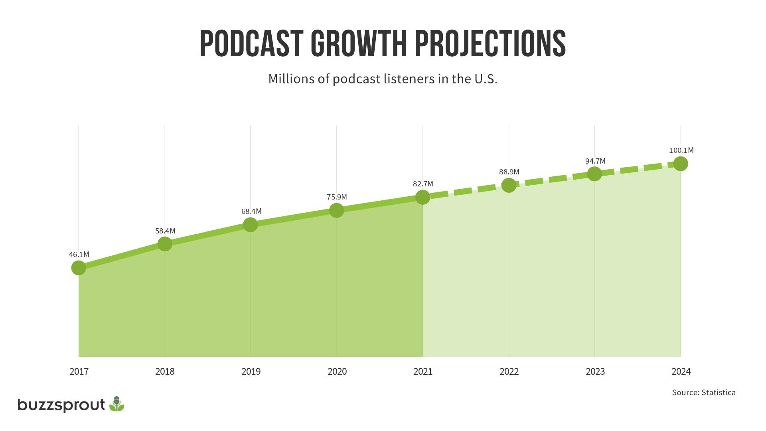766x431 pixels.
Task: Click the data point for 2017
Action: click(x=79, y=268)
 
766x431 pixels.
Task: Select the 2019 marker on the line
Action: click(x=250, y=225)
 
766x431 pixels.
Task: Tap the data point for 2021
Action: click(x=422, y=197)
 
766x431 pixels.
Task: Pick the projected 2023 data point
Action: click(x=594, y=174)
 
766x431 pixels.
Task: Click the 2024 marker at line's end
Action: click(x=681, y=164)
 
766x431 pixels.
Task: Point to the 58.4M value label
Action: click(x=165, y=231)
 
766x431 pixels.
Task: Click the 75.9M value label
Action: click(x=337, y=197)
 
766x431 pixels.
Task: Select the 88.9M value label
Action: click(x=509, y=172)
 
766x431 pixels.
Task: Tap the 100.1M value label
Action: click(x=681, y=150)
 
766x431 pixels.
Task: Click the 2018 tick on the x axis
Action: click(x=165, y=372)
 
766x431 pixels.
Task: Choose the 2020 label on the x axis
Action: click(x=337, y=372)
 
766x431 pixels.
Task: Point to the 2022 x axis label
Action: click(x=509, y=372)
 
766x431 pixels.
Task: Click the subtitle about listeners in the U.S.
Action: click(x=383, y=79)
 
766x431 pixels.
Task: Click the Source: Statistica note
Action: click(x=704, y=393)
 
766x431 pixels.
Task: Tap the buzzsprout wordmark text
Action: click(x=61, y=405)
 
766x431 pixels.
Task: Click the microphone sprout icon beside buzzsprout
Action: click(x=116, y=404)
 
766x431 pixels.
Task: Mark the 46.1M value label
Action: click(x=79, y=255)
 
